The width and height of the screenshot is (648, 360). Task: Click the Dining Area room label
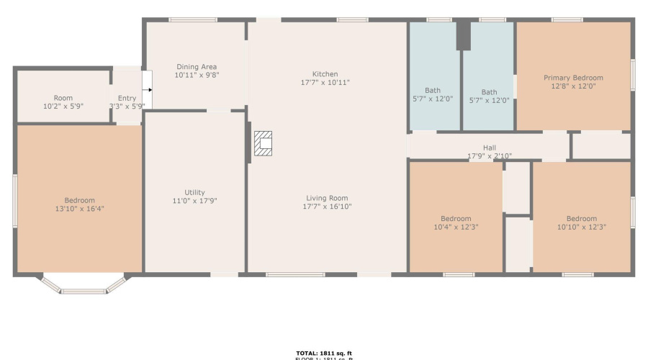point(197,67)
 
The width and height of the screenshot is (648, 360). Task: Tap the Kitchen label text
point(325,74)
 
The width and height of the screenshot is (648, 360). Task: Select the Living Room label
point(328,198)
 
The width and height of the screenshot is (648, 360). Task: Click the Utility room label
point(194,192)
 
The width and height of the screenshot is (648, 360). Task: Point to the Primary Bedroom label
point(573,78)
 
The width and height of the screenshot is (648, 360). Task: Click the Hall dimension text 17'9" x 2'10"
point(489,156)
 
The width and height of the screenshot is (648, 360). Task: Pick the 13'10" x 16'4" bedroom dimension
point(79,209)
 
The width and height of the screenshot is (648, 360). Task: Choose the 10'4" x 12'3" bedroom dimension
point(456,228)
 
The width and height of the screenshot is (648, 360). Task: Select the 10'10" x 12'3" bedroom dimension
point(581,228)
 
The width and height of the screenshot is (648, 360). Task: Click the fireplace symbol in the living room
point(264,144)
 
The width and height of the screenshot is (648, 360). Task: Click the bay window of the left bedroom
point(83,287)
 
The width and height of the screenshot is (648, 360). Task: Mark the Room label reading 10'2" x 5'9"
point(63,107)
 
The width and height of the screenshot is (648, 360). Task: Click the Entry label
point(127,99)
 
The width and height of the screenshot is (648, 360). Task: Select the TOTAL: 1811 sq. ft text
point(323,352)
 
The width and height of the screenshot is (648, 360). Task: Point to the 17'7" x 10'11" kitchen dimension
point(325,83)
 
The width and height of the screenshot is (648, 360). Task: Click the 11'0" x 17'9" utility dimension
point(194,201)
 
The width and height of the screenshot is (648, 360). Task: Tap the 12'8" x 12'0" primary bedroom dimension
point(573,86)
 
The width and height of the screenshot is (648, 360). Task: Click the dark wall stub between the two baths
point(463,35)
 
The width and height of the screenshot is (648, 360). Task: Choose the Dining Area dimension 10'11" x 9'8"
point(197,75)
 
